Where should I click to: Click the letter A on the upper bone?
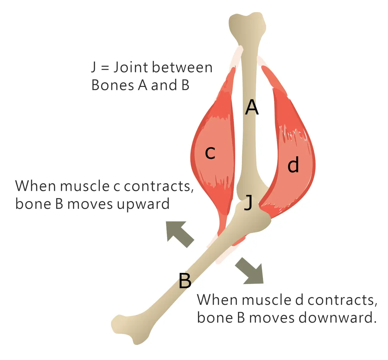pyautogui.click(x=252, y=107)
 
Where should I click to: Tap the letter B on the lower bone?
pyautogui.click(x=185, y=280)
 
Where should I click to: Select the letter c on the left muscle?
pyautogui.click(x=210, y=153)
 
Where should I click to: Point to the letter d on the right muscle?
pyautogui.click(x=293, y=165)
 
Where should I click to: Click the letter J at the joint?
pyautogui.click(x=248, y=202)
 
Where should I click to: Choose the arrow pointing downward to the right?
pyautogui.click(x=250, y=271)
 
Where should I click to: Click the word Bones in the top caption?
pyautogui.click(x=112, y=85)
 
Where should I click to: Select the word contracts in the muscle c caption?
pyautogui.click(x=159, y=186)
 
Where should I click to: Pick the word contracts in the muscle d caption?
pyautogui.click(x=342, y=300)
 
